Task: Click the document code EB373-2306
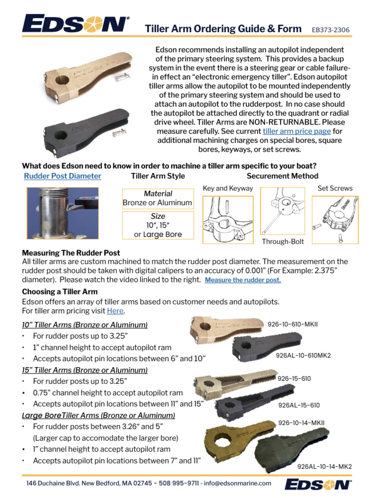click(331, 30)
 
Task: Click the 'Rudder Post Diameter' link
click(63, 176)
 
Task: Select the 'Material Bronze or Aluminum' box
click(157, 198)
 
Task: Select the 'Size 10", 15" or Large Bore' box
click(158, 225)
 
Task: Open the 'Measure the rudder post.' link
click(243, 280)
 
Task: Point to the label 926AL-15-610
click(299, 405)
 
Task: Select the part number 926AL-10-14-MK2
click(324, 466)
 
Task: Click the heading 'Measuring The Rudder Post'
click(71, 253)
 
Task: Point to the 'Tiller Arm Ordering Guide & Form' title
click(224, 29)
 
